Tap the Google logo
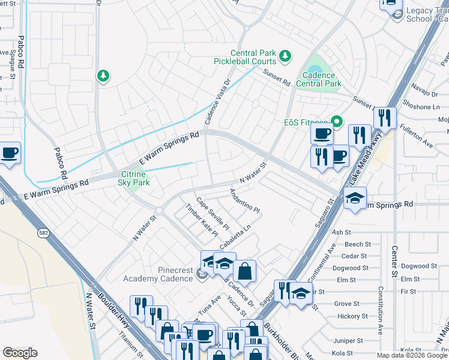tap(20, 353)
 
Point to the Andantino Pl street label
tap(244, 201)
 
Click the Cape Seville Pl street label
tap(213, 214)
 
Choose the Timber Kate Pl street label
tap(201, 220)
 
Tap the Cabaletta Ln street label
tap(235, 238)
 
